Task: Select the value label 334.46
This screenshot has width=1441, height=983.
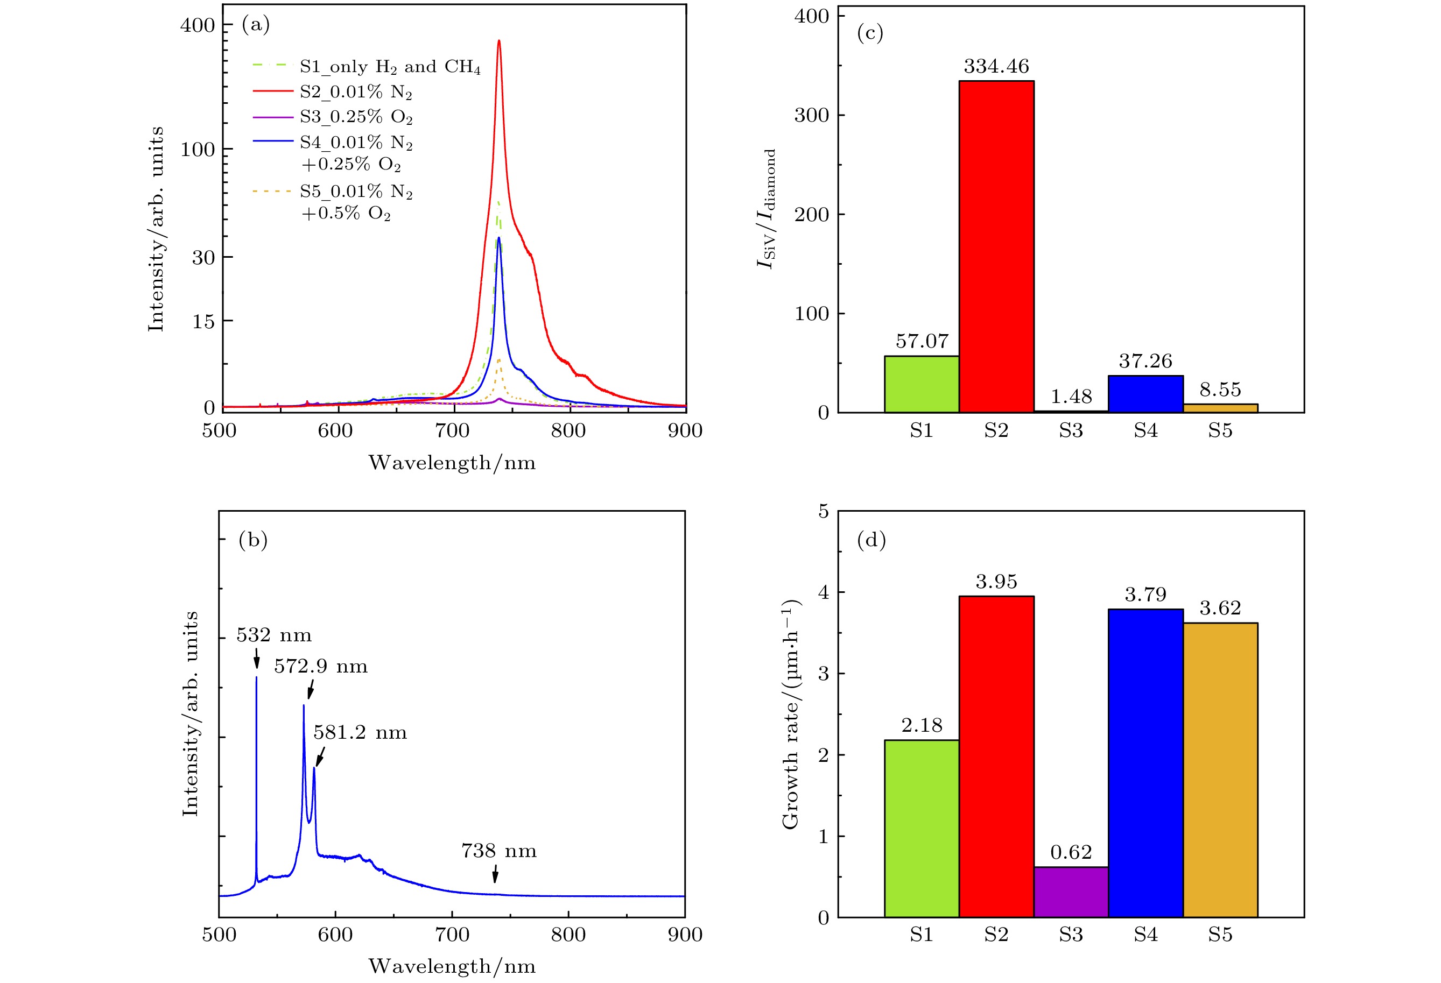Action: tap(996, 66)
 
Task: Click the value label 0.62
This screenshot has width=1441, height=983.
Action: tap(1071, 852)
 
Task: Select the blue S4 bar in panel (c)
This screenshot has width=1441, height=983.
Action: tap(1145, 393)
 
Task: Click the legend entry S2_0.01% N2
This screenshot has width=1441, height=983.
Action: tap(355, 91)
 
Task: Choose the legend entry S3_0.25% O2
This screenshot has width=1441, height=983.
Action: tap(355, 117)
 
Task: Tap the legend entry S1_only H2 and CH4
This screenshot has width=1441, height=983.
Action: tap(389, 66)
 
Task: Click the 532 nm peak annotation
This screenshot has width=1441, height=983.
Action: tap(273, 635)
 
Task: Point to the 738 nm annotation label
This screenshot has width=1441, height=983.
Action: tap(498, 851)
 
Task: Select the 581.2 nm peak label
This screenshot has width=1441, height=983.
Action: tap(360, 733)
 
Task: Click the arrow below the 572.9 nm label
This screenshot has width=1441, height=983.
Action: tap(311, 689)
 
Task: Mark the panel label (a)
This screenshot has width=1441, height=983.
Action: tap(256, 24)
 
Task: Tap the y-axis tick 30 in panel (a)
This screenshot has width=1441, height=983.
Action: tap(203, 257)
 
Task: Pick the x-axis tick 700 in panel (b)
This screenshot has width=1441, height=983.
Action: tap(452, 935)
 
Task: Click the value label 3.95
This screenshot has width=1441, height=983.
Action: tap(996, 582)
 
